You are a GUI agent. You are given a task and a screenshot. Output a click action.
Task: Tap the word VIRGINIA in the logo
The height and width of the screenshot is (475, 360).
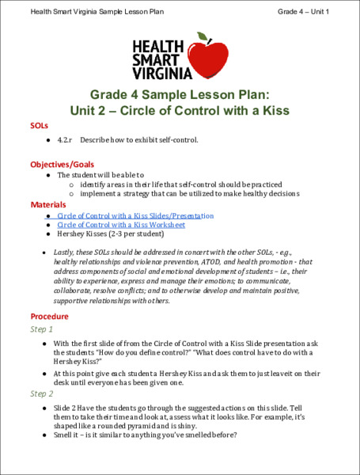[x=161, y=73]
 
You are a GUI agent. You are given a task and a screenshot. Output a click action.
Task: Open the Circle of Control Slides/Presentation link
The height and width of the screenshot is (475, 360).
[x=135, y=215]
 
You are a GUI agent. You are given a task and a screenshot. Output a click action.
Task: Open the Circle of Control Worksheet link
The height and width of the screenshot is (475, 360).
[x=121, y=225]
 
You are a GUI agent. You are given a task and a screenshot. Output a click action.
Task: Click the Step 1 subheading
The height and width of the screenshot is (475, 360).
[x=41, y=329]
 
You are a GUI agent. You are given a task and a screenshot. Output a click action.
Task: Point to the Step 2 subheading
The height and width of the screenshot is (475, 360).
[x=41, y=393]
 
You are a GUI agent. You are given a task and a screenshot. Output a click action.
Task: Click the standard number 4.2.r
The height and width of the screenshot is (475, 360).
[x=65, y=140]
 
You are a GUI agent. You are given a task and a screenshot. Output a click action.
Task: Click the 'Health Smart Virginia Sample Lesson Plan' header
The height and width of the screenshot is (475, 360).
[x=98, y=11]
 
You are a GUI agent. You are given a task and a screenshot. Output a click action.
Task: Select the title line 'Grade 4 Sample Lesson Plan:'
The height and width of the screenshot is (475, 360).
[x=179, y=93]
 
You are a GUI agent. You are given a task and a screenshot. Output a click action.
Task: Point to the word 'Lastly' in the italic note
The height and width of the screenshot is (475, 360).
[x=66, y=251]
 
